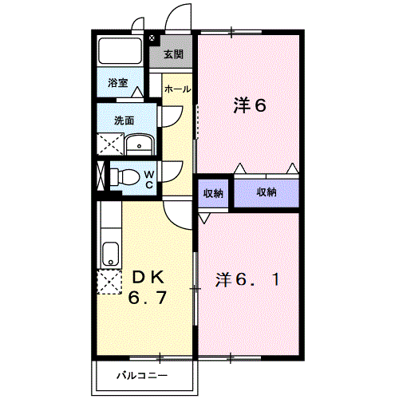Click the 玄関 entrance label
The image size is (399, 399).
point(174,55)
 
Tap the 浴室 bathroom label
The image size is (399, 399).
point(119,82)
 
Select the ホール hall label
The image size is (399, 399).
point(177,89)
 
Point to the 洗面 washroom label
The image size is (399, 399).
point(124,121)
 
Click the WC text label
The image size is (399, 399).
point(148,179)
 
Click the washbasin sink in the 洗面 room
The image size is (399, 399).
point(140,145)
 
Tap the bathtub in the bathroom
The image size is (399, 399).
point(120,53)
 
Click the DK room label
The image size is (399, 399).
point(148,278)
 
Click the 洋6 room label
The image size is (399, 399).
point(248,105)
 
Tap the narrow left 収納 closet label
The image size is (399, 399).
point(212,192)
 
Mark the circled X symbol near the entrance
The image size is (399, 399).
point(152,38)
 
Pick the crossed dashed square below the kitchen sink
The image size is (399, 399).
point(109,283)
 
